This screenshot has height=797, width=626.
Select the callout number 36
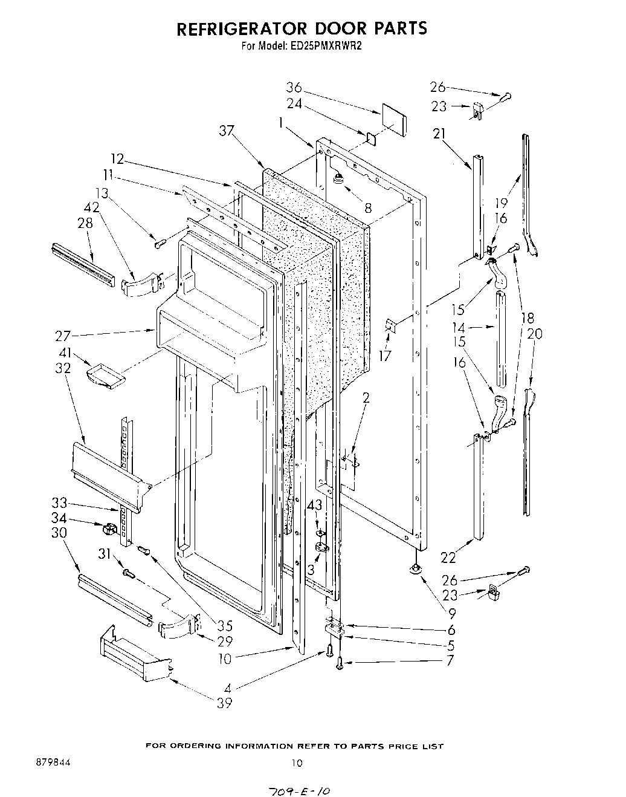click(x=294, y=88)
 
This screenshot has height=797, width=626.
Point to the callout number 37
click(x=227, y=130)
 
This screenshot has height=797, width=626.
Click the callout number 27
click(x=63, y=336)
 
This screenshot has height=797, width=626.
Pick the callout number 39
click(x=224, y=703)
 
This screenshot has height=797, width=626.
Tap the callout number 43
click(x=314, y=504)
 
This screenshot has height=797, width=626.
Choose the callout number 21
click(x=439, y=134)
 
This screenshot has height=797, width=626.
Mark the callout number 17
click(x=385, y=356)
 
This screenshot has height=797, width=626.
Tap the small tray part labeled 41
click(x=105, y=375)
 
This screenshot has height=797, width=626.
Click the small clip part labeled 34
click(x=109, y=529)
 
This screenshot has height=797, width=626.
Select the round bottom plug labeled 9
click(x=415, y=568)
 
